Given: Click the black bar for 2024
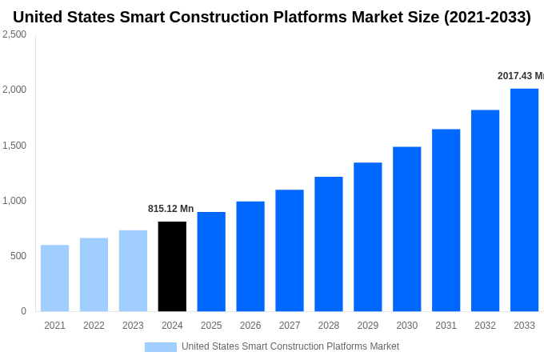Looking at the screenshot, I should (172, 266).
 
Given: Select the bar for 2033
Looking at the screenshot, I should (524, 200).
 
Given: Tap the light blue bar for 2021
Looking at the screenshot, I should (54, 278).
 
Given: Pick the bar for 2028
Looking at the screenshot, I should (328, 244).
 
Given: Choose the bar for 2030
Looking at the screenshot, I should (406, 229).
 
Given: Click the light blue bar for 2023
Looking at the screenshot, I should (133, 271).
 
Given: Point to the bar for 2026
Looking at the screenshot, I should (250, 256).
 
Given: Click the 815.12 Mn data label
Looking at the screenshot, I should (170, 209).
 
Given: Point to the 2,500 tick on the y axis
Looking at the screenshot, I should (14, 34).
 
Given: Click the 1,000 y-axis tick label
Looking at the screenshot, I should (14, 201).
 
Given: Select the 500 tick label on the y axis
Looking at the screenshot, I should (18, 256).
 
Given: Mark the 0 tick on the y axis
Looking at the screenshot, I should (23, 311).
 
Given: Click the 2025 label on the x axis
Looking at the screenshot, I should (211, 326).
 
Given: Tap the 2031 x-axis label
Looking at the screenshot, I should (446, 326).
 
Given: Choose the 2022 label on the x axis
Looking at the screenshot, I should (94, 326).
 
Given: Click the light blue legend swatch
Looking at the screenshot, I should (160, 346).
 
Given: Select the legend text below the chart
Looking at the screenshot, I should (290, 346).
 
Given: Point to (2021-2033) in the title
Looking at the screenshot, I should (487, 17).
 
